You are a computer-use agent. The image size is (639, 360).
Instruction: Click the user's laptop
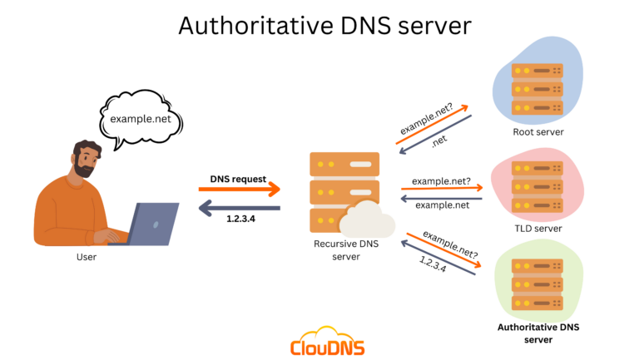[150, 223]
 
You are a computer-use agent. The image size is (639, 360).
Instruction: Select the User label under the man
[86, 257]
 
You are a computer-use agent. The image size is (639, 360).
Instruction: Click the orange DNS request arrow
[240, 190]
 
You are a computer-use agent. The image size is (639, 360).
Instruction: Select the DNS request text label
[238, 179]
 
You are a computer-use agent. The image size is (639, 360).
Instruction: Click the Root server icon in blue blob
[537, 88]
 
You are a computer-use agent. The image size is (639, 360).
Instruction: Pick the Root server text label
[538, 132]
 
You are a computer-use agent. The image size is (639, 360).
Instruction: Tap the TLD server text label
[538, 228]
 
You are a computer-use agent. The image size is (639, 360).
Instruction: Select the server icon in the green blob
[537, 284]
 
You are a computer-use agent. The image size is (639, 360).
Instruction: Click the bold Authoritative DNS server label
[537, 333]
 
